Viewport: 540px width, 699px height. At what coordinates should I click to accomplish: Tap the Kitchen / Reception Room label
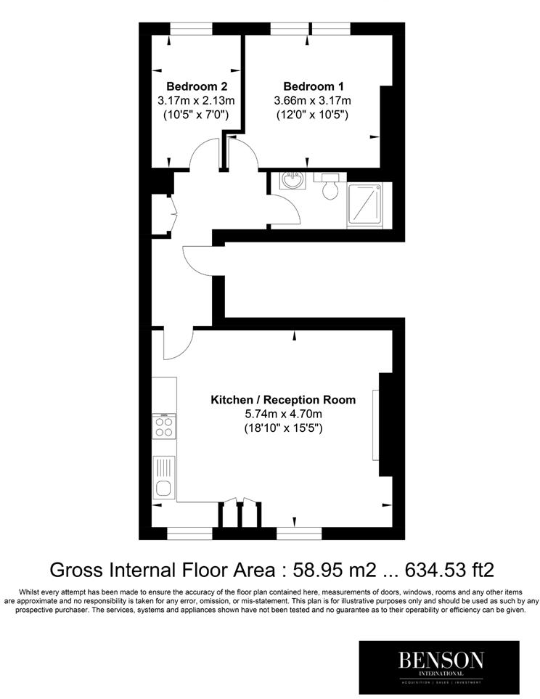point(283,399)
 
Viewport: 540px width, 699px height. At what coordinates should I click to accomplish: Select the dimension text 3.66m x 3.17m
point(312,100)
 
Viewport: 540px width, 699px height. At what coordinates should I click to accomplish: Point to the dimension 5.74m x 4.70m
point(283,414)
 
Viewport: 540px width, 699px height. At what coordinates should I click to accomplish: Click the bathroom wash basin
point(293,181)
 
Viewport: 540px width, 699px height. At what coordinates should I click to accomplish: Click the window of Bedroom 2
point(191,28)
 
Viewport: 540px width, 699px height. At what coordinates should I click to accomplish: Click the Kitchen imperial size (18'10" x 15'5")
point(283,428)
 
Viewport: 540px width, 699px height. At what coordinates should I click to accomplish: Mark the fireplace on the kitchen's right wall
point(376,425)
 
